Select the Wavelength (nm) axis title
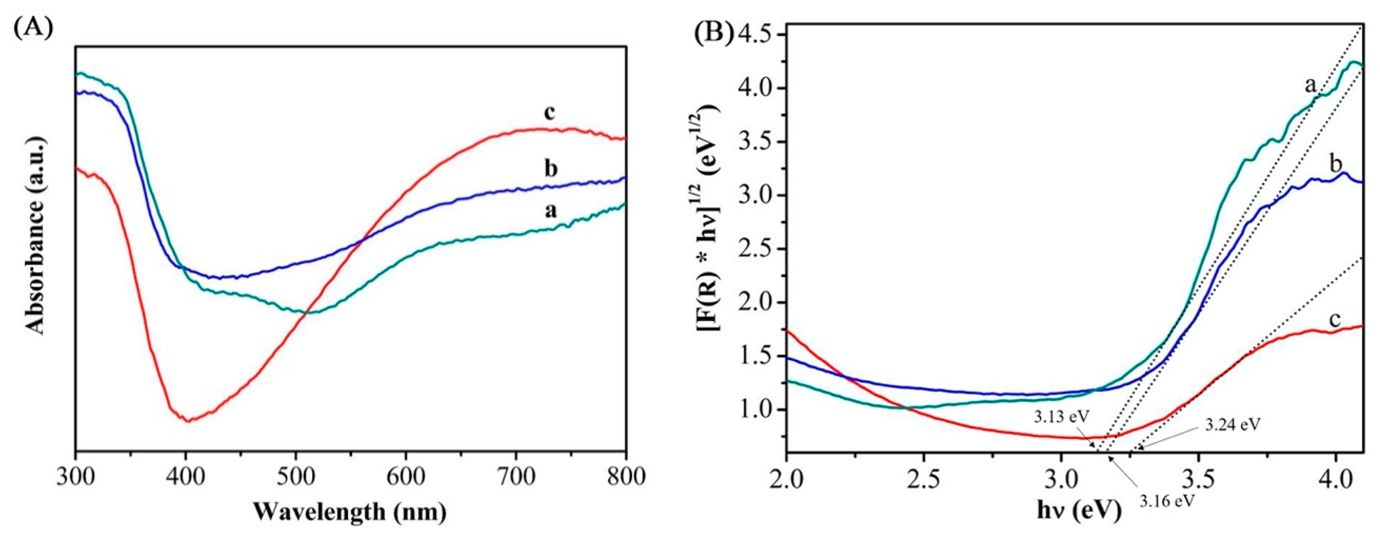pyautogui.click(x=350, y=511)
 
